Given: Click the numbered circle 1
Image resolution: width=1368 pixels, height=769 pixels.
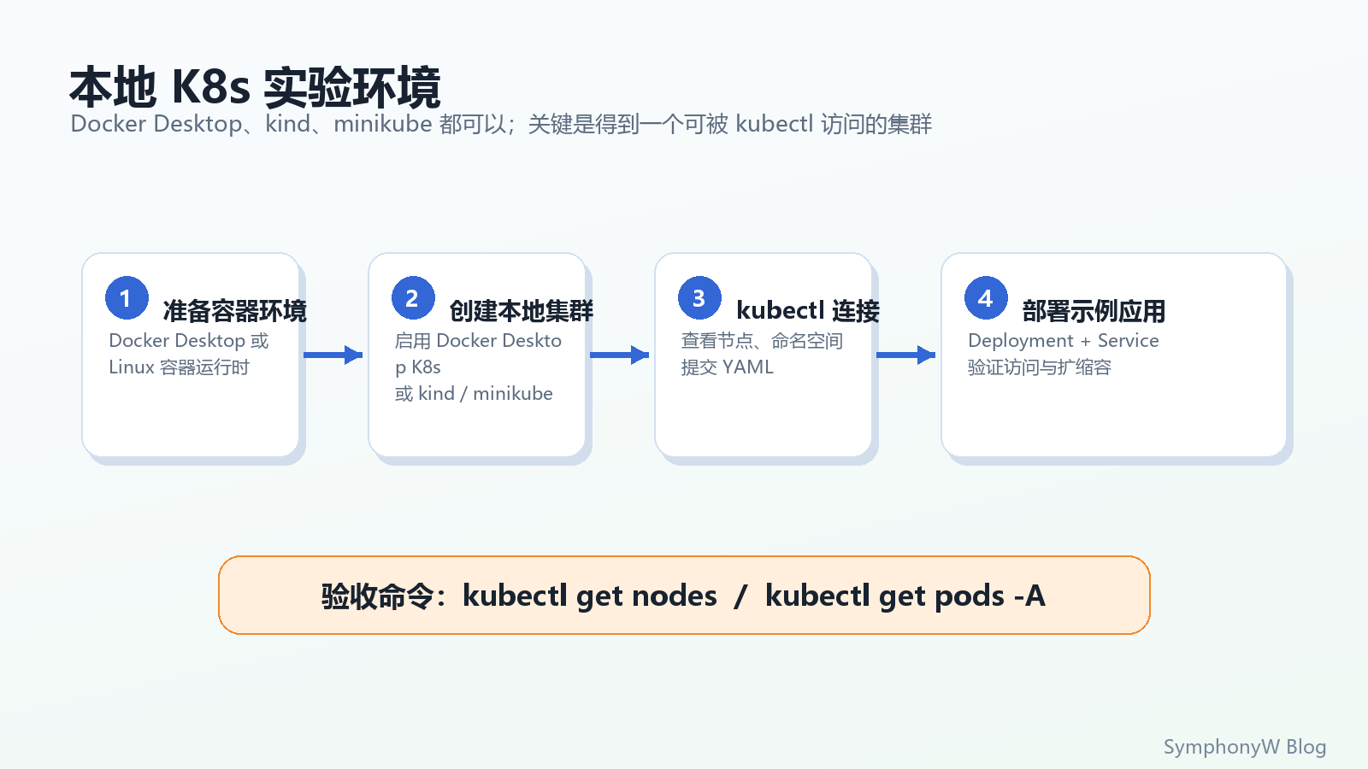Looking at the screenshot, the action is [x=127, y=298].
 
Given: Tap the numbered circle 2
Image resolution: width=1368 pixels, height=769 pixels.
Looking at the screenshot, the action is [x=414, y=298].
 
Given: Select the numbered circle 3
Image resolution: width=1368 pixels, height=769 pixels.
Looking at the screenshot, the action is [x=700, y=298].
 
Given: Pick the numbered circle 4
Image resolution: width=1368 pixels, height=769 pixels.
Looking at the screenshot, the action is [x=987, y=298].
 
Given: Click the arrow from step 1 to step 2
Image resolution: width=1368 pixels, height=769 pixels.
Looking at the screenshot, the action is [x=333, y=355].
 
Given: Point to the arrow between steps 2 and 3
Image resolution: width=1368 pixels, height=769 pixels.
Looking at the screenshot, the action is [x=619, y=355].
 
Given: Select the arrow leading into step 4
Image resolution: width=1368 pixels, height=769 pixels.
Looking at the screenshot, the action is [x=905, y=355].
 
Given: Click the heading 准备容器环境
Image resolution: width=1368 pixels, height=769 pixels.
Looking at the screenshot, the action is [x=234, y=311].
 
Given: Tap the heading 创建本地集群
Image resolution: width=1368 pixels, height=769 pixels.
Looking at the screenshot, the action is [x=521, y=311].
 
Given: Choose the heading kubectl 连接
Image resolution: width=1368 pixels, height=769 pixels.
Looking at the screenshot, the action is [x=808, y=311].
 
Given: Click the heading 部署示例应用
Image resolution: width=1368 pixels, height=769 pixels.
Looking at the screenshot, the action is [x=1094, y=311].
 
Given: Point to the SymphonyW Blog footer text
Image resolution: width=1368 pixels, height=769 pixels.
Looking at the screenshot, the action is [x=1245, y=747].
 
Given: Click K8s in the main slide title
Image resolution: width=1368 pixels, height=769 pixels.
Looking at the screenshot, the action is [x=210, y=87].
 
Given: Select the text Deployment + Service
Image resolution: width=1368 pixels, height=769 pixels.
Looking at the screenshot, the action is [x=1064, y=341].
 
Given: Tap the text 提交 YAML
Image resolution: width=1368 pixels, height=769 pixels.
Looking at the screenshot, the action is [x=728, y=367].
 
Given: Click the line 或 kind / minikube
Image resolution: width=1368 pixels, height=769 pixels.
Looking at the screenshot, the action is [x=474, y=394].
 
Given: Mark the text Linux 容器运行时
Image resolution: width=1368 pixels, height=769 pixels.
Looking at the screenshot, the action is [x=179, y=367].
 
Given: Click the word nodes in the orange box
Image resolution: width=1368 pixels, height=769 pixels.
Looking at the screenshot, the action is [x=675, y=596].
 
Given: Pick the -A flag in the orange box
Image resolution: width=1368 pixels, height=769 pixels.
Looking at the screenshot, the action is [x=1029, y=596].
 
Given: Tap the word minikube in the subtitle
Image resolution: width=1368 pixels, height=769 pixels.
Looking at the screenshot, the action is [x=383, y=124].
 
